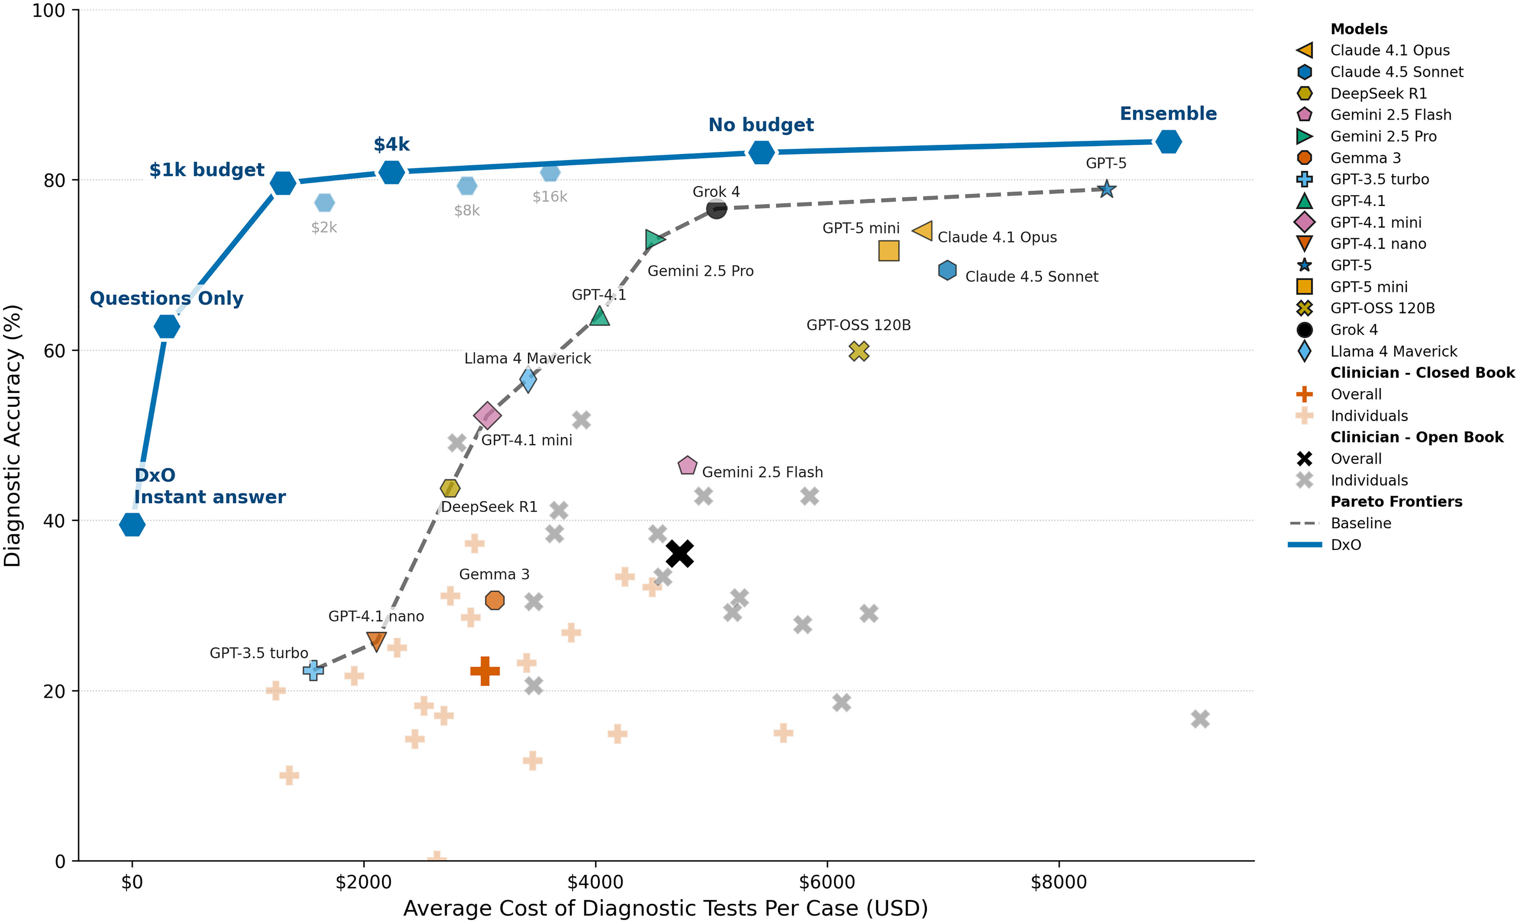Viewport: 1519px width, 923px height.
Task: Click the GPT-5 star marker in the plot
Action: [1107, 189]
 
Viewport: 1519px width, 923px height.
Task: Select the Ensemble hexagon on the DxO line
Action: [1168, 142]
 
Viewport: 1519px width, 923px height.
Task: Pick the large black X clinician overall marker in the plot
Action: [680, 553]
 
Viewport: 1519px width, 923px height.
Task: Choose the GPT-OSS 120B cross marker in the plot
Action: [859, 351]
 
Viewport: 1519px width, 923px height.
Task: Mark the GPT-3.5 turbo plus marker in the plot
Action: [313, 670]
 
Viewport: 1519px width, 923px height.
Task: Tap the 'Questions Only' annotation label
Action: [167, 298]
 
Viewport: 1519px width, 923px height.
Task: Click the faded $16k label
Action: [550, 197]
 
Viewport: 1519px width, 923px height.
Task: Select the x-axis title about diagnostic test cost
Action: [665, 908]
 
